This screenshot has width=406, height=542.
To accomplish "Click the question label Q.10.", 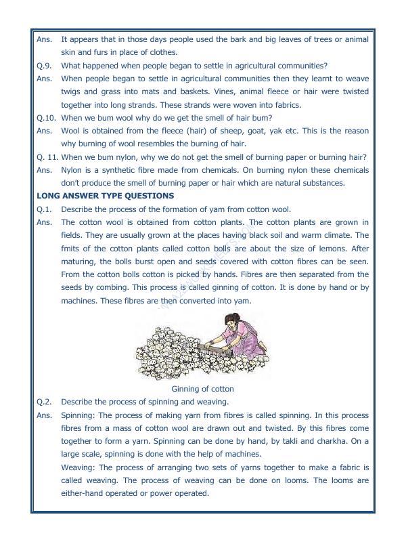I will (47, 117).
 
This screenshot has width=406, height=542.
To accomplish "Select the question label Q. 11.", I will (47, 157).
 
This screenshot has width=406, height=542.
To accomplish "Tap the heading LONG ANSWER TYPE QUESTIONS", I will (105, 196).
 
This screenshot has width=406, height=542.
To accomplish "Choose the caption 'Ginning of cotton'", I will (203, 389).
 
